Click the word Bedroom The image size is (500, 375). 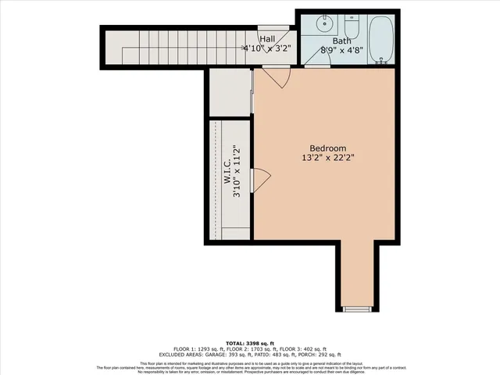327,148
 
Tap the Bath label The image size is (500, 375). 342,41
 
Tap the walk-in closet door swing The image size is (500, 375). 261,179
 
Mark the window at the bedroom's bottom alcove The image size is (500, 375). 359,309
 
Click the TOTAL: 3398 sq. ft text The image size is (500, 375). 250,343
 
